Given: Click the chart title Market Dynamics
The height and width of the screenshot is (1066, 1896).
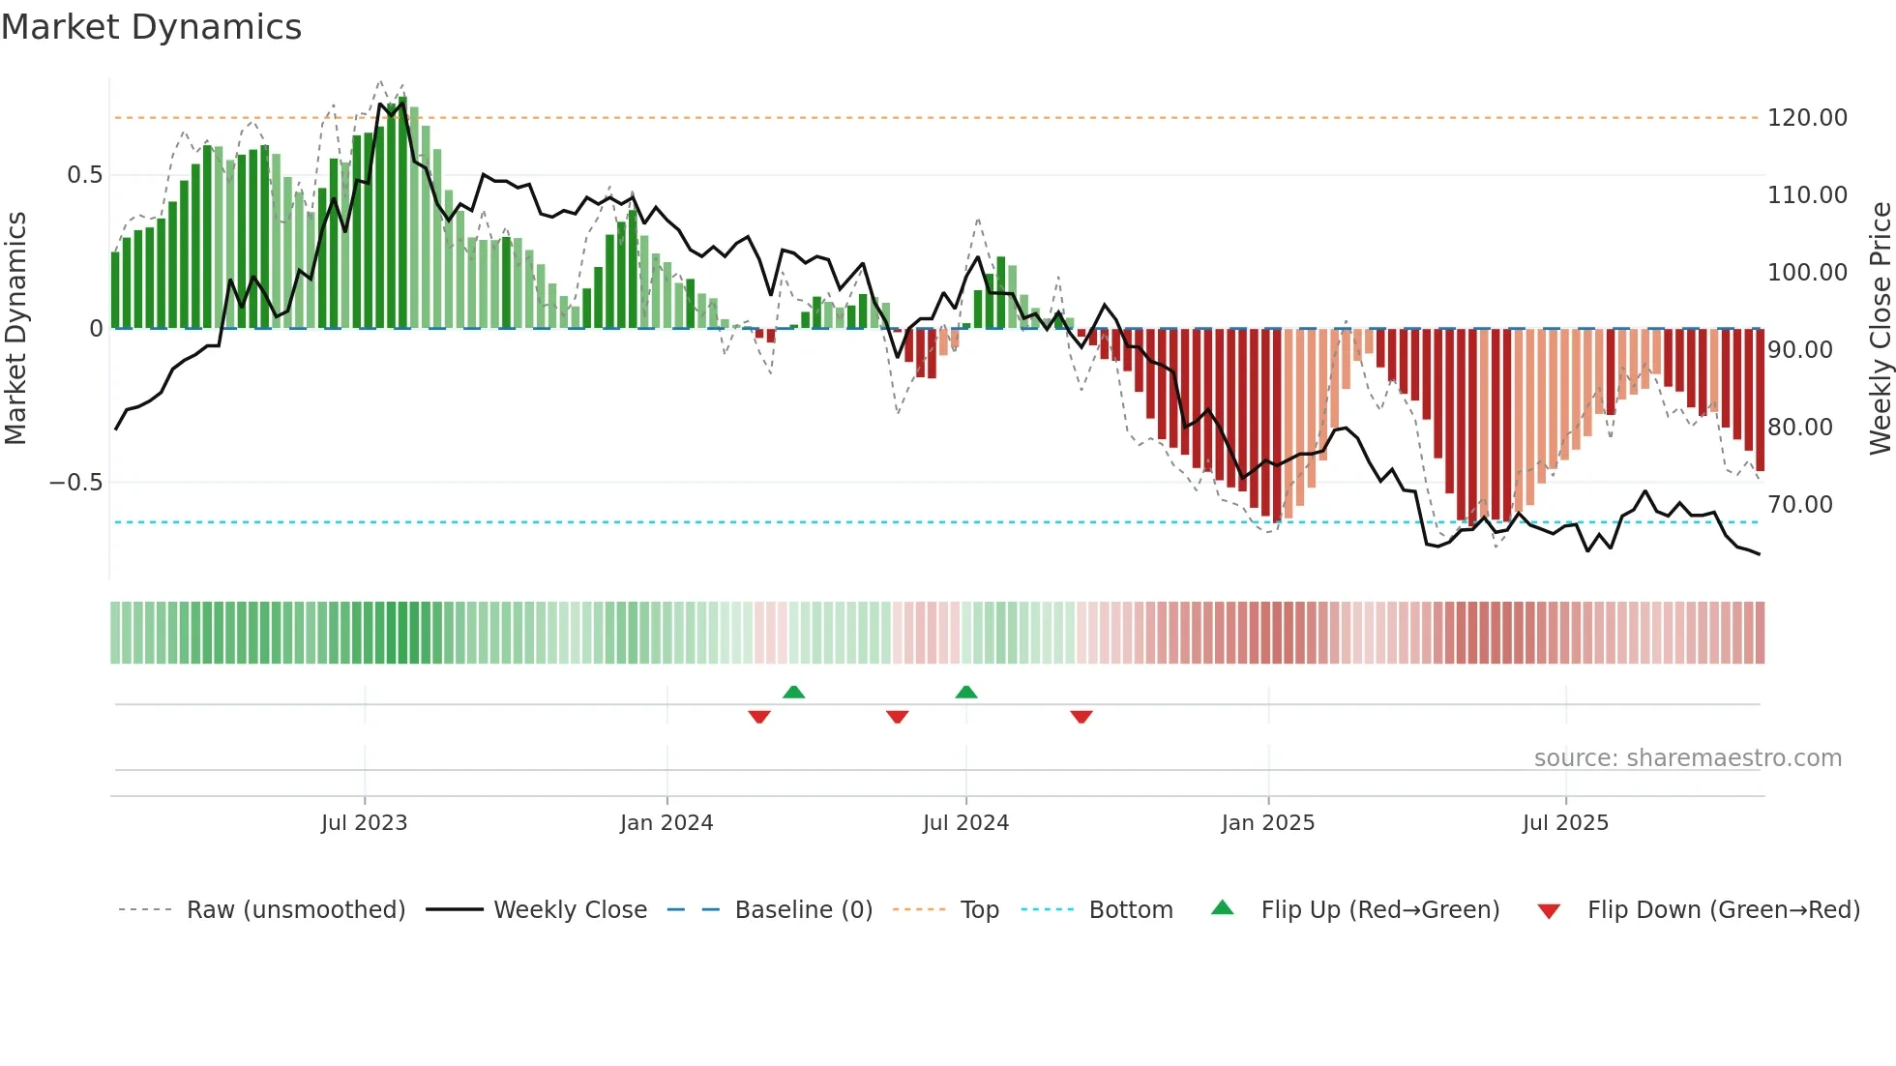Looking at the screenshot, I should tap(151, 27).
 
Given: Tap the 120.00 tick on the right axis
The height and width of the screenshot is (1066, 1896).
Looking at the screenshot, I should tap(1806, 118).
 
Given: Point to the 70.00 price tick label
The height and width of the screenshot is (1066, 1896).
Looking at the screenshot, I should tap(1799, 505).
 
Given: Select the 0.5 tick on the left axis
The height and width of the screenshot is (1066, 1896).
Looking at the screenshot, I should tap(84, 175).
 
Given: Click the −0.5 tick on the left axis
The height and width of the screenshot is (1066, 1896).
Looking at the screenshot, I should tap(75, 483).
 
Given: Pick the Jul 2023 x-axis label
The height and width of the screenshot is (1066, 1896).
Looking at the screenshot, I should tap(364, 823).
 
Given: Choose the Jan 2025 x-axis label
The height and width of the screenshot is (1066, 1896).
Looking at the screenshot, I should tap(1267, 823).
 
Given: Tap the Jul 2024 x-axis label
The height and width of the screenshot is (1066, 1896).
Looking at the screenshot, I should tap(965, 823).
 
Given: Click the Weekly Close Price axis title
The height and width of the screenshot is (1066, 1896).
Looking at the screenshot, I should tap(1880, 328).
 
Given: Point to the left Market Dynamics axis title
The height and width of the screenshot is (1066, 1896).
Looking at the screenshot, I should tap(15, 328).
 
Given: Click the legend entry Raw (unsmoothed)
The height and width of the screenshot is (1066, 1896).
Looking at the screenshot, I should tap(295, 910).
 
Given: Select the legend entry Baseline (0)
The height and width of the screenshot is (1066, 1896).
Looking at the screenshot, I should tap(803, 910).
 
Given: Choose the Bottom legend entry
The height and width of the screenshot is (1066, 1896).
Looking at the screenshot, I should tap(1130, 910).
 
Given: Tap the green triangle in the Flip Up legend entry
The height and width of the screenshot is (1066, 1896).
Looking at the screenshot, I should tap(1223, 908).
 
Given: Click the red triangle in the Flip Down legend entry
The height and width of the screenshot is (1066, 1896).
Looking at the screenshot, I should tap(1549, 911).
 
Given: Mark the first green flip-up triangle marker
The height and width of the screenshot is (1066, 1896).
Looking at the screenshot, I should tap(793, 692).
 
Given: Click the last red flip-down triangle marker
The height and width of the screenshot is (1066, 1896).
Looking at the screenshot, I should tap(1081, 717).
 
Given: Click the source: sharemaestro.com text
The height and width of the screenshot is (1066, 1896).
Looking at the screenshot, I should tap(1687, 758).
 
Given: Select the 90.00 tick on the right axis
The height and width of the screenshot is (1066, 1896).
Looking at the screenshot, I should tap(1799, 350).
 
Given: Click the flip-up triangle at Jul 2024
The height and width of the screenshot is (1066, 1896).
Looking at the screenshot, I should tap(965, 692).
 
